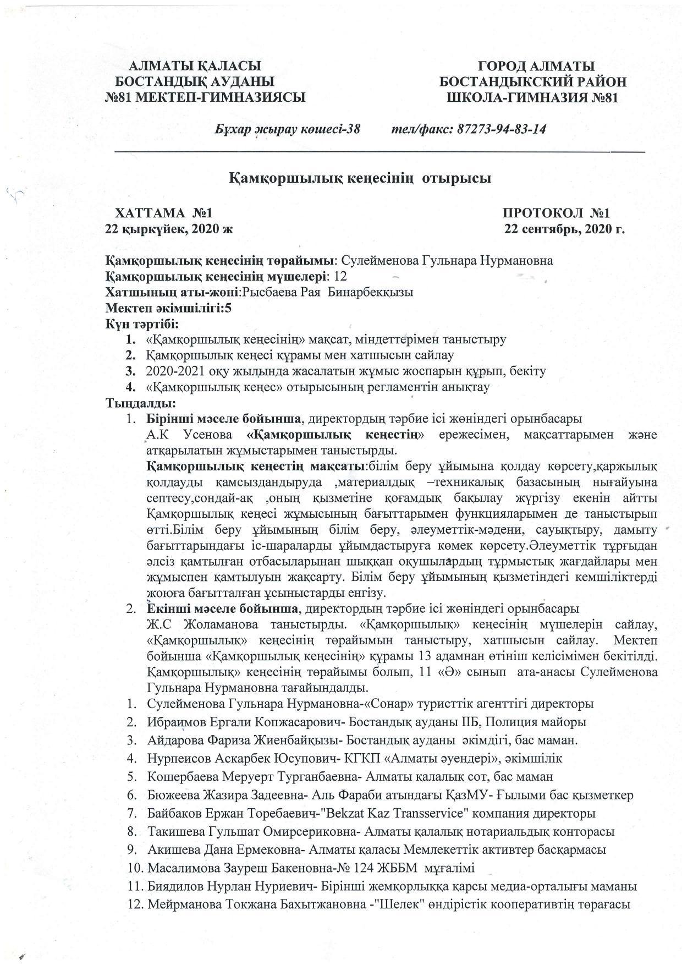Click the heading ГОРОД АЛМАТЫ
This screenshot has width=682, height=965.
[536, 67]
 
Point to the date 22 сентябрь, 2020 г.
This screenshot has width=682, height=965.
[565, 229]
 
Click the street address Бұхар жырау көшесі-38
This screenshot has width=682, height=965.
[288, 129]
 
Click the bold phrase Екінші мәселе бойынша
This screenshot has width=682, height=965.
[222, 609]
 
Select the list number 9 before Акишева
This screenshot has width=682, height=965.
[132, 849]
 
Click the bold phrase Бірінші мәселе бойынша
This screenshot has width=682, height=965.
[224, 419]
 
